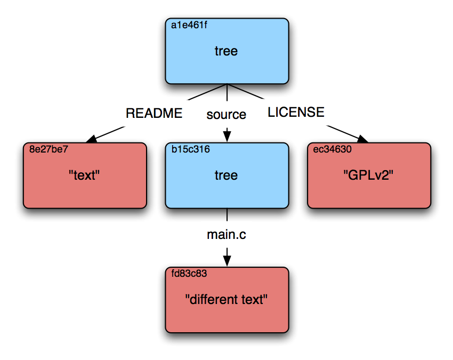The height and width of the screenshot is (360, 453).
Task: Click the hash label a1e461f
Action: (x=189, y=25)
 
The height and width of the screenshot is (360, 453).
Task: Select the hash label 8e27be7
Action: (x=48, y=149)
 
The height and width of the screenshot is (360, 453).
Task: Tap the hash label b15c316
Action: (x=191, y=149)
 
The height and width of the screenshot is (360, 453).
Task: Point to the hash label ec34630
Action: (x=332, y=149)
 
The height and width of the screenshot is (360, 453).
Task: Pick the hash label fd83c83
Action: (x=189, y=273)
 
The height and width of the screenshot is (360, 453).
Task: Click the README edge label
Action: (x=154, y=113)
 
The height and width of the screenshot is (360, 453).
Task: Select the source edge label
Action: (x=226, y=115)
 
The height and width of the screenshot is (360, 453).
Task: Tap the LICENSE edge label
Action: (x=296, y=112)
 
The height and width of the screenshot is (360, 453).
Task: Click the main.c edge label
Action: (x=226, y=235)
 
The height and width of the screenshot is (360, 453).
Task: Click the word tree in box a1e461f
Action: (x=226, y=51)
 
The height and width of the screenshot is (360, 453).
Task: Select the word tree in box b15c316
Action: (x=226, y=175)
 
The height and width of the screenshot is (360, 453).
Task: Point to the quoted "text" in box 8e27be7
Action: (x=84, y=175)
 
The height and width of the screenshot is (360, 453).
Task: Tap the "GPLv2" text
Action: (x=368, y=175)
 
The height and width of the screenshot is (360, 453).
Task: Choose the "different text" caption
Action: (x=226, y=300)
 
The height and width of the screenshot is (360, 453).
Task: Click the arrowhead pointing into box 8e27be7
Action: (x=92, y=139)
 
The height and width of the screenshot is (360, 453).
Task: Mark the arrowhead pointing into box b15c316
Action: (x=227, y=137)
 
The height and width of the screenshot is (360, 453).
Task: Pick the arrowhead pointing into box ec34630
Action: (x=362, y=139)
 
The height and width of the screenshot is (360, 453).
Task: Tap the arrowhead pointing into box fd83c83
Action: (x=227, y=260)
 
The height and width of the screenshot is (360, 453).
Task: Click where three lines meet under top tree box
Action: (x=227, y=84)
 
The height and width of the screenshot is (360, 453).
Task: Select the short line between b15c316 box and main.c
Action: (x=227, y=215)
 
